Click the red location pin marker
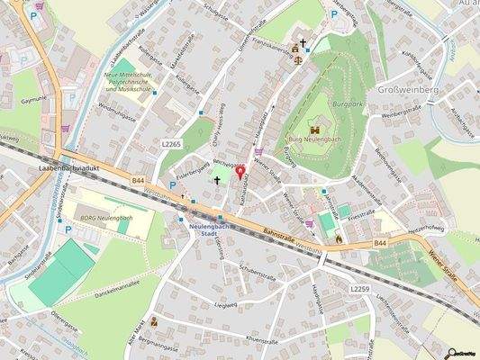240,173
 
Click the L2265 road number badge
172,144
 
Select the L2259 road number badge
361,289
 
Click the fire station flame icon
339,238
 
